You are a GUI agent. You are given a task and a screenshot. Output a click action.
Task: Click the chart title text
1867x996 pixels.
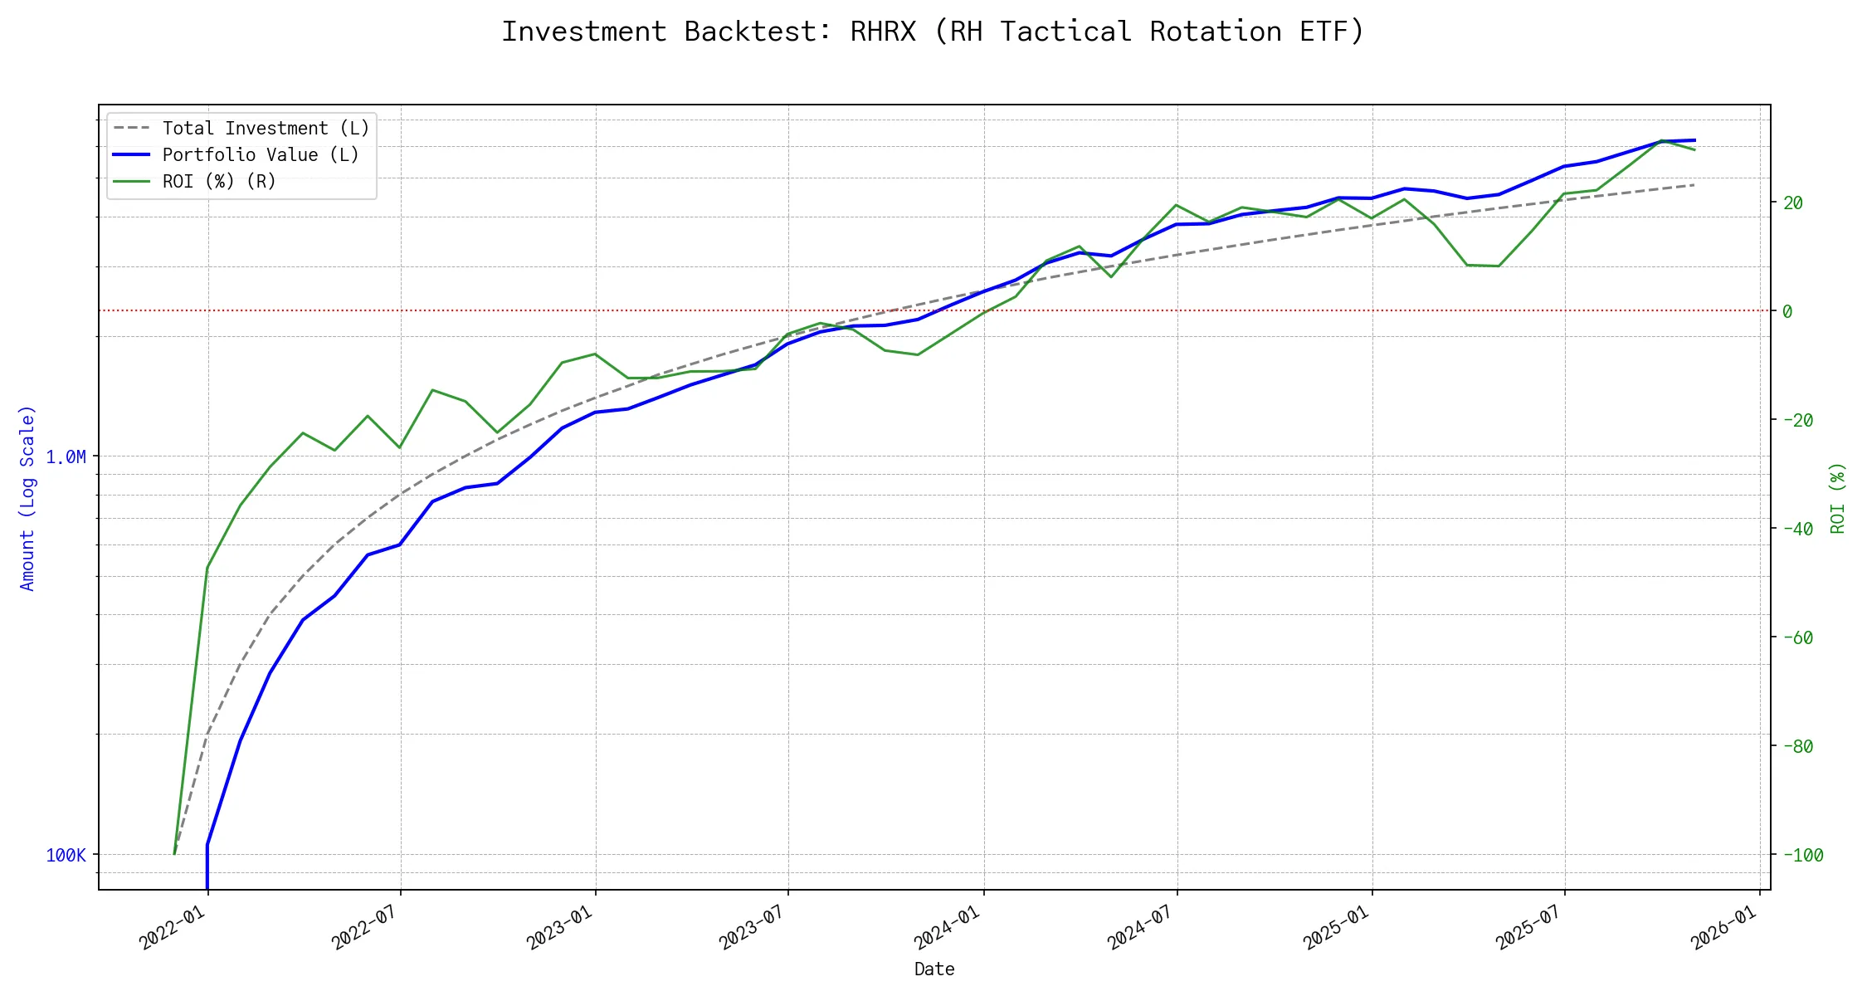(933, 32)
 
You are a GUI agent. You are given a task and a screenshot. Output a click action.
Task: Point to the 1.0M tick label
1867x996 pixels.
(66, 457)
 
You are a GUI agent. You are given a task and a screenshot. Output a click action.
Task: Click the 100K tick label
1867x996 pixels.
(66, 856)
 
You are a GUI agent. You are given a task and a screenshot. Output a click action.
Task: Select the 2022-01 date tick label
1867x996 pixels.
(173, 926)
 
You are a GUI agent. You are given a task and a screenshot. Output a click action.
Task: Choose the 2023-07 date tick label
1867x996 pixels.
(753, 926)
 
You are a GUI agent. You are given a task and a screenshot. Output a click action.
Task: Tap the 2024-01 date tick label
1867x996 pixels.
(948, 926)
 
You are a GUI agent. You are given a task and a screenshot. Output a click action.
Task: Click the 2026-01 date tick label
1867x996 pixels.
(1724, 926)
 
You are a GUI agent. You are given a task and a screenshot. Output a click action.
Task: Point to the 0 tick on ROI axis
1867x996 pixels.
(1787, 311)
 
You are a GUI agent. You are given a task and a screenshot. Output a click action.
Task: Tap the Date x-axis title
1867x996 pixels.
(934, 969)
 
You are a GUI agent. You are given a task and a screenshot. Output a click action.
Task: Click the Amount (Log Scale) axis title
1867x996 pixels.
(28, 498)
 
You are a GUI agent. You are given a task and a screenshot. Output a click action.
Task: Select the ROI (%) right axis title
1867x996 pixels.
(1838, 498)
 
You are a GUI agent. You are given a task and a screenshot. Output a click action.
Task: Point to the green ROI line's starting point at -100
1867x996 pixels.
(174, 854)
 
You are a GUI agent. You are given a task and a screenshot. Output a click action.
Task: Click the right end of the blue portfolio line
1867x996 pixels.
(1694, 140)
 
